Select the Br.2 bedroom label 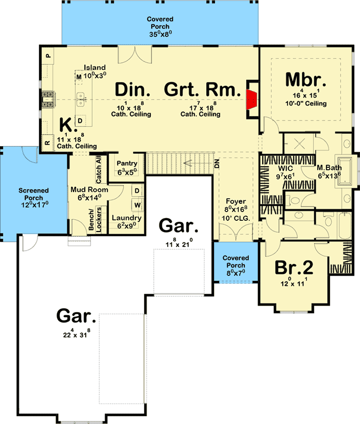pyautogui.click(x=294, y=268)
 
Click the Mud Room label pyautogui.click(x=85, y=189)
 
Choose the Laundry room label pyautogui.click(x=126, y=218)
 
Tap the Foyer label pyautogui.click(x=235, y=202)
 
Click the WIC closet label pyautogui.click(x=271, y=168)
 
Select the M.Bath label pyautogui.click(x=327, y=168)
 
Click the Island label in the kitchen pyautogui.click(x=95, y=67)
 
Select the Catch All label pyautogui.click(x=99, y=169)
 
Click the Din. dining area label pyautogui.click(x=133, y=90)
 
